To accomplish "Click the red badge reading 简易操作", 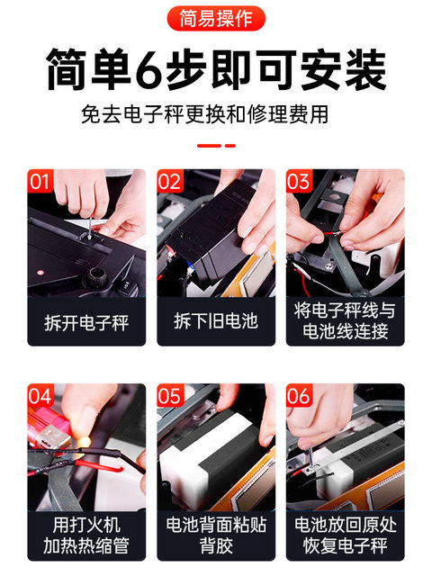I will tap(216, 17).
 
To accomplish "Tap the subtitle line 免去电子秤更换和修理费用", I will tap(216, 116).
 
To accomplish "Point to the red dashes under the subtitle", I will tap(216, 144).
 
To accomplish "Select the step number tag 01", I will tap(40, 181).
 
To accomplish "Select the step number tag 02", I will tap(169, 181).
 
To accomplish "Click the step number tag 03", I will tap(298, 181).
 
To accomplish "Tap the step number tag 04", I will tap(40, 396).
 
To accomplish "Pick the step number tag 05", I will tap(169, 396).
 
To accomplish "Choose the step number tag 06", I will tap(298, 396).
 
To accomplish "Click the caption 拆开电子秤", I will tap(86, 321).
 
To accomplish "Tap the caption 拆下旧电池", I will tap(216, 321).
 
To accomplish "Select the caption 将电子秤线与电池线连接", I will tap(346, 321).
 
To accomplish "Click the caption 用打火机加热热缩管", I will tap(86, 535).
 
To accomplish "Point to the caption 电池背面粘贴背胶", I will tap(216, 535).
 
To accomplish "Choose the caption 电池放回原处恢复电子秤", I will tap(346, 535).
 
